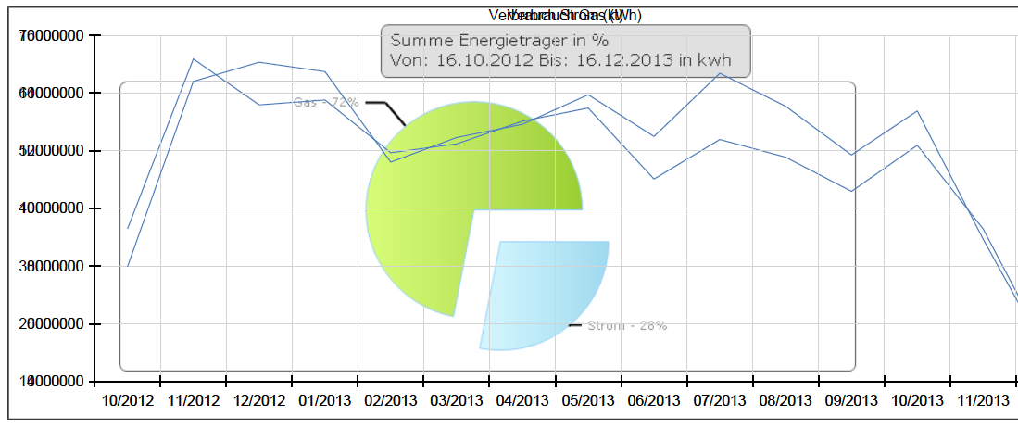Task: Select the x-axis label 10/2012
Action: [x=127, y=400]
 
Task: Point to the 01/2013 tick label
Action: [x=324, y=400]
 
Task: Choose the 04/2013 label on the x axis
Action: [x=522, y=400]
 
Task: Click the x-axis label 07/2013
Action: [x=720, y=400]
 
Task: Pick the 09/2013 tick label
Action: [x=851, y=400]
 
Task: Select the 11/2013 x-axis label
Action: [x=983, y=400]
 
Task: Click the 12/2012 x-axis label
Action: [x=258, y=400]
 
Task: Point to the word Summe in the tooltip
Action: [x=418, y=41]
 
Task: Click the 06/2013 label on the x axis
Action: [x=654, y=400]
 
